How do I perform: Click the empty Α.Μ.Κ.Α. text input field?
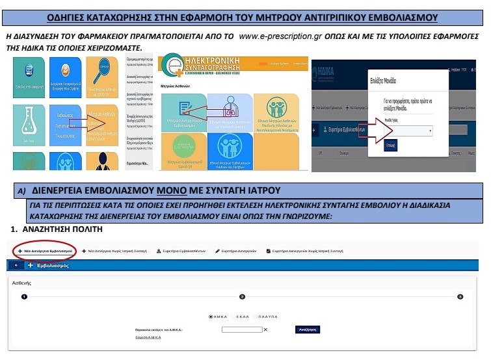(241, 329)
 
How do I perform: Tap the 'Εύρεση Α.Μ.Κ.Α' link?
(148, 338)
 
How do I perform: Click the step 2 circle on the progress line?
(242, 296)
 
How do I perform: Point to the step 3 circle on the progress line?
(460, 296)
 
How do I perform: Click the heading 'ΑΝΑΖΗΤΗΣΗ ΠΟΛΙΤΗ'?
(59, 231)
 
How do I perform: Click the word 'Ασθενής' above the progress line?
(23, 283)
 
